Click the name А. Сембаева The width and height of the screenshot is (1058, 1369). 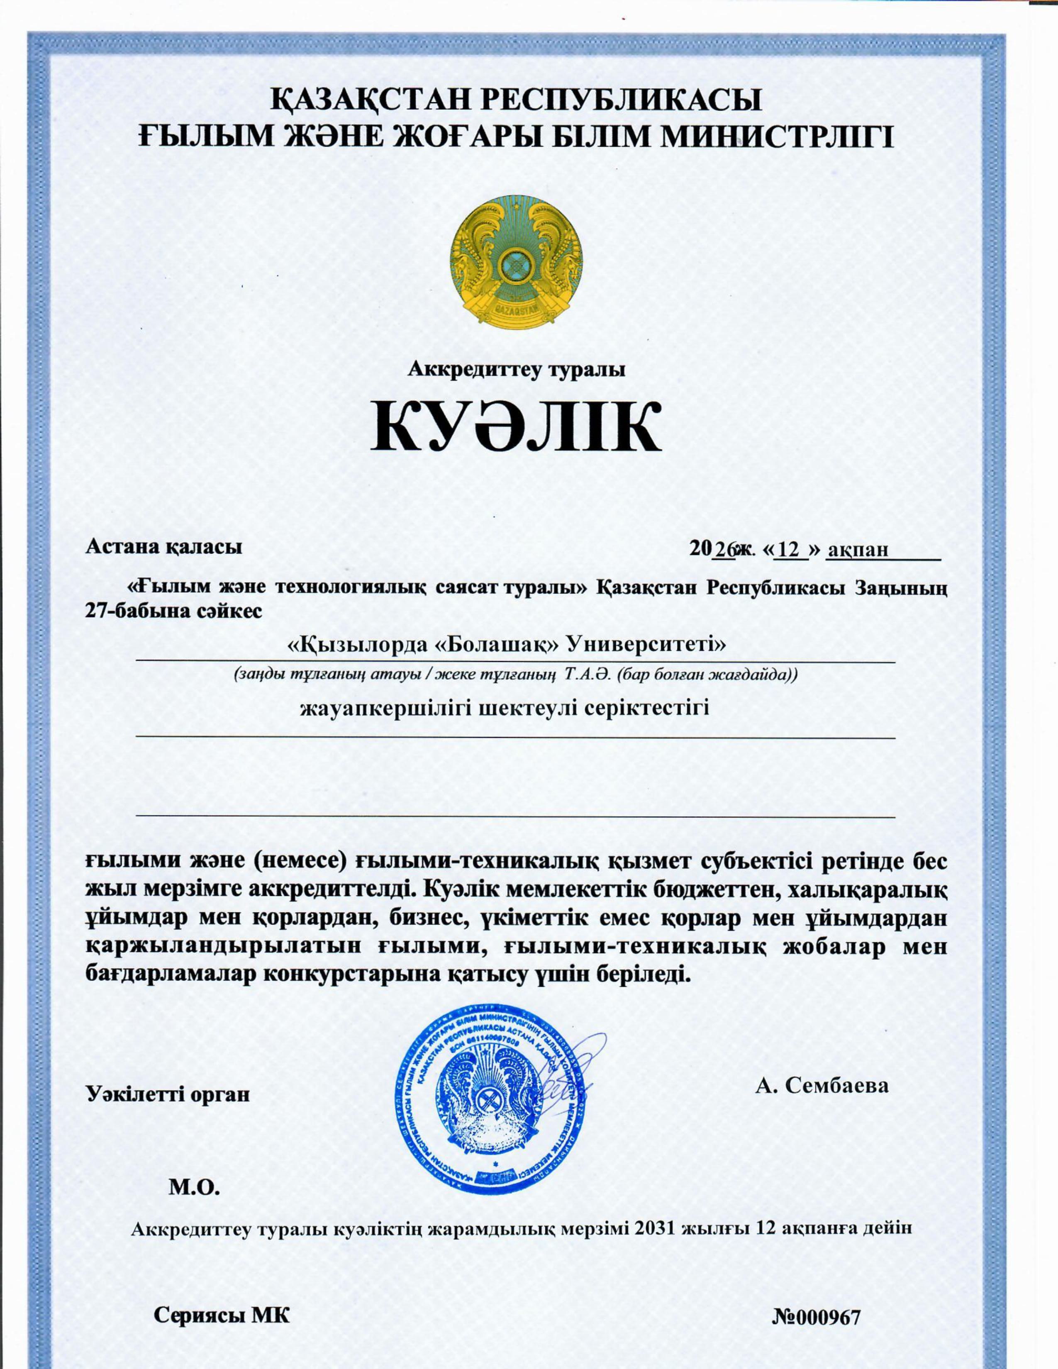click(822, 1085)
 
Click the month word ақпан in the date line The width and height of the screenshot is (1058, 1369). click(858, 549)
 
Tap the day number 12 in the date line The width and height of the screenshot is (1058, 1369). click(788, 549)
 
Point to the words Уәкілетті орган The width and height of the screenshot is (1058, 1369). click(167, 1094)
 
